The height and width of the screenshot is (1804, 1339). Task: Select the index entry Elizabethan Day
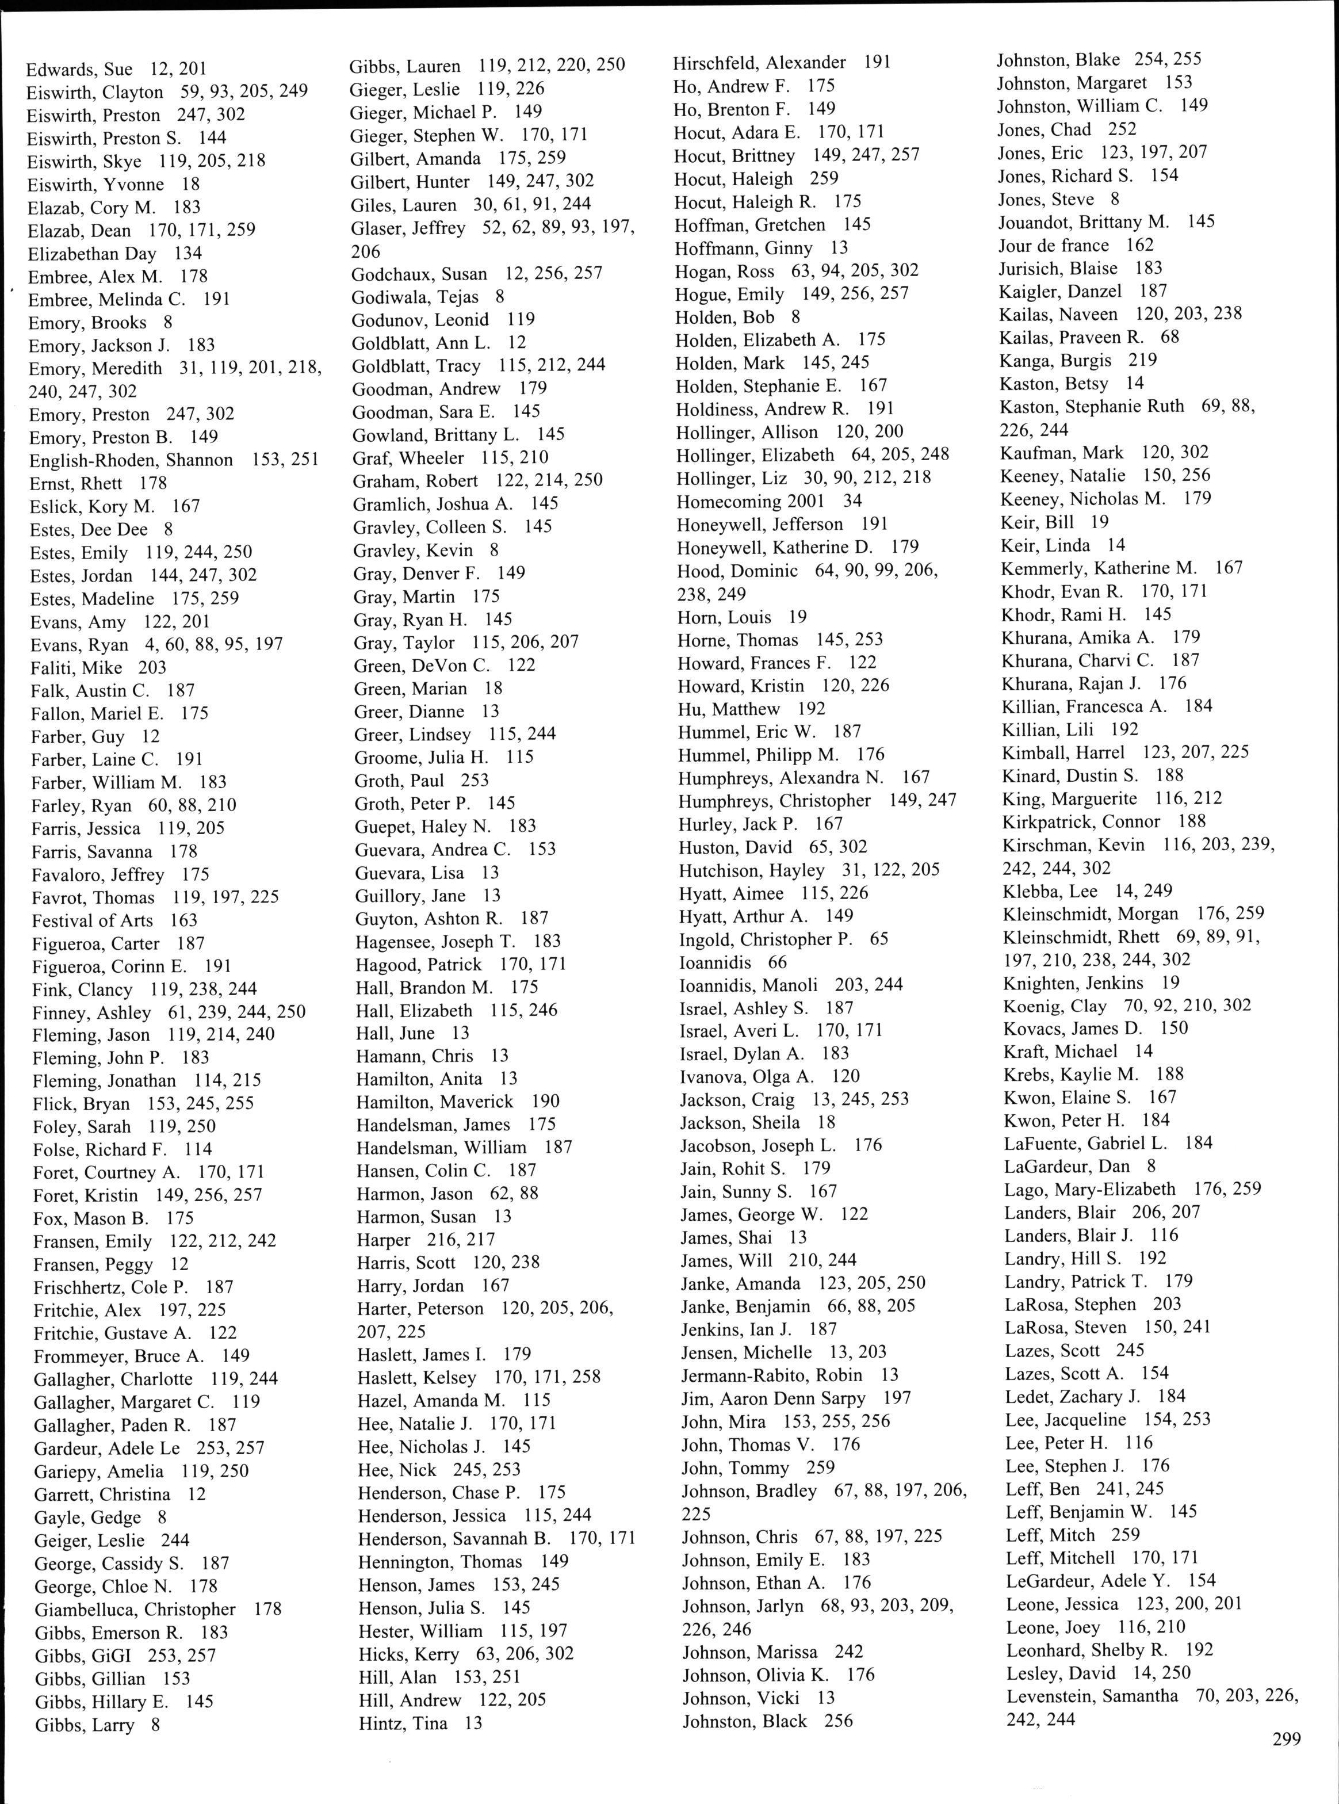91,254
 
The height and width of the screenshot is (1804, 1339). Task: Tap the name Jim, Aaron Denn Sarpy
773,1398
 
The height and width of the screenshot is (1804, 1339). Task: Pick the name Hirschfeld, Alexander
759,62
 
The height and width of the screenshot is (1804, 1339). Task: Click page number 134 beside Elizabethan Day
188,254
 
